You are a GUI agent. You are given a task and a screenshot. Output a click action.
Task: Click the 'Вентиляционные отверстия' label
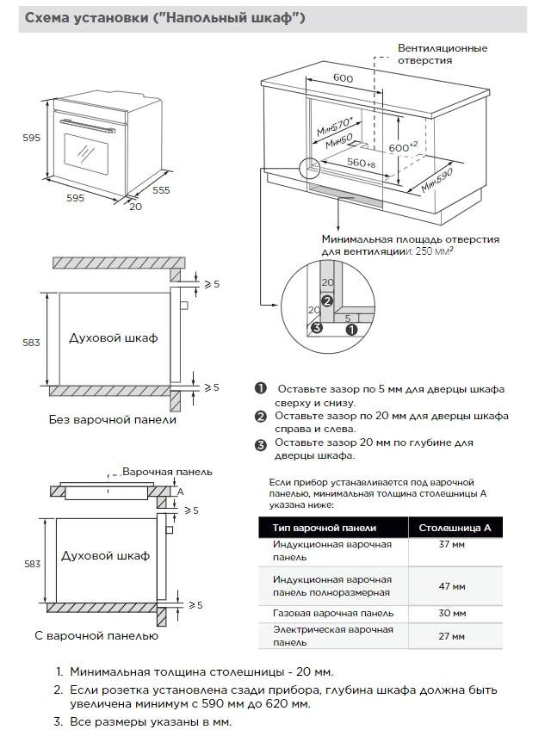point(442,54)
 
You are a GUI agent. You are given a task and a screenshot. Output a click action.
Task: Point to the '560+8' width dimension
point(362,163)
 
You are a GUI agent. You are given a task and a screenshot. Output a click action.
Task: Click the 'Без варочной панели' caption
point(113,420)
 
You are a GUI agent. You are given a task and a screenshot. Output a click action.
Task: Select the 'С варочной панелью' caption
point(96,635)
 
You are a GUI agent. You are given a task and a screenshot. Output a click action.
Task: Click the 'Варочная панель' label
point(167,473)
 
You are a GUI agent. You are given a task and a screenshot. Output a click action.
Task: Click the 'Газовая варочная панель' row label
point(332,613)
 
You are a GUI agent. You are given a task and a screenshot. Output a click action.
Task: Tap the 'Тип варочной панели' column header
point(325,528)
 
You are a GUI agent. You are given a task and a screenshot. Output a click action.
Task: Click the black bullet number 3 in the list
point(261,445)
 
